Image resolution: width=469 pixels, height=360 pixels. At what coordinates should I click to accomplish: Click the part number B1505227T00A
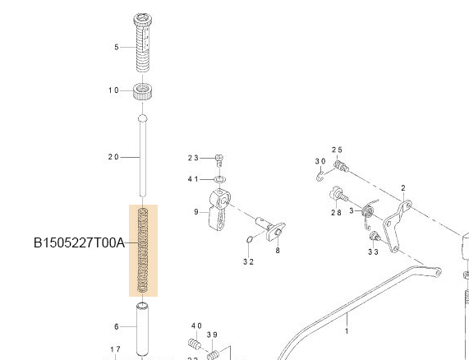(x=79, y=243)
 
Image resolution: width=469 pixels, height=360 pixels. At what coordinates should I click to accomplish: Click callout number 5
(x=117, y=47)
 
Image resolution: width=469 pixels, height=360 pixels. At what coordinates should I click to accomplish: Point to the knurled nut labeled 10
(x=145, y=90)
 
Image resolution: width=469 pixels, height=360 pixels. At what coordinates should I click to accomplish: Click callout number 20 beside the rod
(x=113, y=156)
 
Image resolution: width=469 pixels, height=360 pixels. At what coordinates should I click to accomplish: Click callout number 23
(x=194, y=157)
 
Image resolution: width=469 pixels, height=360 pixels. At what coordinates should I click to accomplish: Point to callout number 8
(x=278, y=252)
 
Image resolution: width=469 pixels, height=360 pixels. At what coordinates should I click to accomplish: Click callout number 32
(x=248, y=261)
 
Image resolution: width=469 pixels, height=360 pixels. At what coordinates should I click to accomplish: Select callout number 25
(x=337, y=150)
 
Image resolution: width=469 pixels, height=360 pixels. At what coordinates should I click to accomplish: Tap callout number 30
(x=320, y=161)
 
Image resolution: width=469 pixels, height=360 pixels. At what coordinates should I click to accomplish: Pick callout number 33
(x=373, y=252)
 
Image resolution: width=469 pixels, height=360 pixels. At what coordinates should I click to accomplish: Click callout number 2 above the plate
(x=403, y=187)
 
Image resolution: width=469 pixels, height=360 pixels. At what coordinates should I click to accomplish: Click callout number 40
(x=196, y=326)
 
